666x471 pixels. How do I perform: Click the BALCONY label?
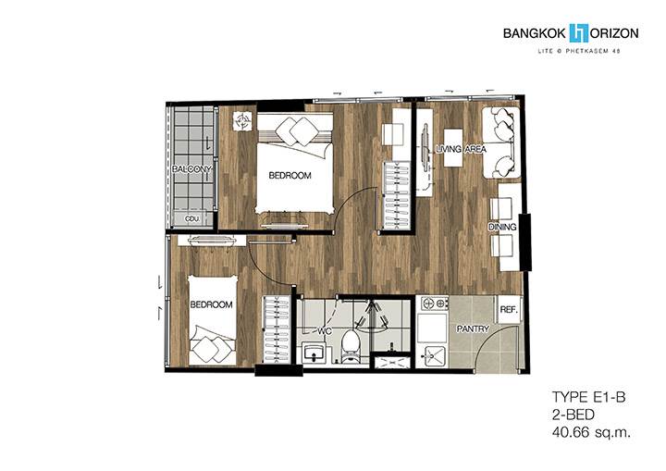(x=191, y=168)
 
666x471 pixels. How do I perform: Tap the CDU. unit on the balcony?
(x=193, y=219)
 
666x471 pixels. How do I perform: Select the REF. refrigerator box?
(x=509, y=309)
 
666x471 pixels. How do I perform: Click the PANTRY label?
(x=473, y=328)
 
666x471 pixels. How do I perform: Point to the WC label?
(x=325, y=330)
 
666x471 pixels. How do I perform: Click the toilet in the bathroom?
(x=351, y=346)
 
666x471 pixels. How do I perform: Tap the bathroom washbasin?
(x=314, y=353)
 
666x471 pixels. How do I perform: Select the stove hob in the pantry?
(x=435, y=304)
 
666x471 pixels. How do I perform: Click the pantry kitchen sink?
(x=433, y=356)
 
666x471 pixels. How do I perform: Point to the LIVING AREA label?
(x=461, y=149)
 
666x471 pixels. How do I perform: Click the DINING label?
(x=502, y=227)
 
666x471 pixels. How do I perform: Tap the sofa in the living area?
(x=500, y=143)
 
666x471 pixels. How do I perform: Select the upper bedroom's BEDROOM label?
(x=290, y=175)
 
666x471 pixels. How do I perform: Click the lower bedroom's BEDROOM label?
(x=211, y=304)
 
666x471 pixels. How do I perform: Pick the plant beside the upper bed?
(x=243, y=120)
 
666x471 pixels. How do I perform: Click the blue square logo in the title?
(x=578, y=32)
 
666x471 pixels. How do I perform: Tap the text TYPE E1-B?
(x=588, y=398)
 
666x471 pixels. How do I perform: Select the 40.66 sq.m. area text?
(x=591, y=433)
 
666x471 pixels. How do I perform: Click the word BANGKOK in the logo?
(x=535, y=33)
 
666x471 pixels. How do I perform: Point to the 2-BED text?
(x=573, y=415)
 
